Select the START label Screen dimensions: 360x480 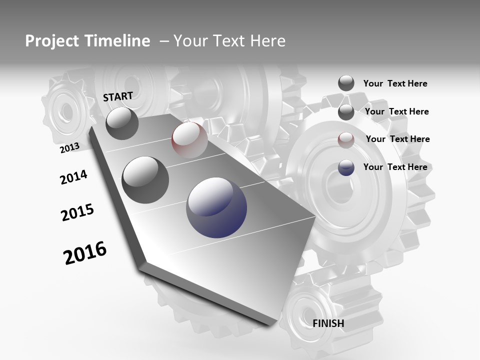click(x=118, y=96)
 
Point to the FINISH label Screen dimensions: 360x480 click(x=328, y=323)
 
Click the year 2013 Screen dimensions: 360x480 click(x=69, y=147)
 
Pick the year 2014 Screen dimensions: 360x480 click(x=73, y=177)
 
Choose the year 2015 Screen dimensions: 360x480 click(x=77, y=212)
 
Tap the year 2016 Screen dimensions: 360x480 click(x=85, y=252)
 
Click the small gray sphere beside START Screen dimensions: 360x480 click(x=122, y=123)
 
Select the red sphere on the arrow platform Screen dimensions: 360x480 click(x=189, y=140)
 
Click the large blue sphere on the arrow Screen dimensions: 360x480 click(x=216, y=207)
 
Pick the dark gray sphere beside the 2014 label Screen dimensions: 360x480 click(x=145, y=179)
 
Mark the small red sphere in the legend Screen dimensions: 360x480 click(x=346, y=139)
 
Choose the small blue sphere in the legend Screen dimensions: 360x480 click(x=346, y=167)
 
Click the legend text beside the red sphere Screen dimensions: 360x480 click(x=397, y=139)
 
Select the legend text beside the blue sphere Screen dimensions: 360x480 click(x=395, y=167)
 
